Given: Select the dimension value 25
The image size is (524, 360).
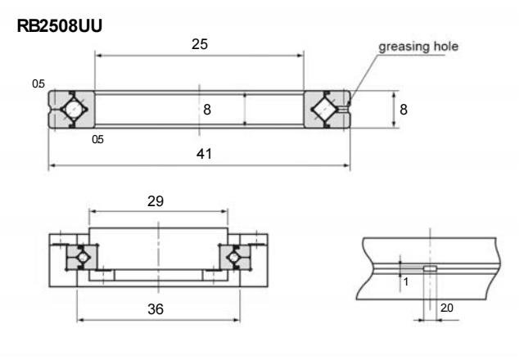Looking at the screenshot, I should pos(198,44).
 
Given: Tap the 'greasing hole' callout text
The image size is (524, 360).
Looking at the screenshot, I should pos(418,47).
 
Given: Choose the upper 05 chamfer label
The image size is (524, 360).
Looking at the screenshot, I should pos(38,83).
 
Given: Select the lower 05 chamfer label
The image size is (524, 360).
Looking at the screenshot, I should pos(98,139).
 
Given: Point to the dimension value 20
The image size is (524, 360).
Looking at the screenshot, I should pos(446,308).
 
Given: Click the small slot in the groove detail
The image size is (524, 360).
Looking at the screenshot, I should pos(429,268).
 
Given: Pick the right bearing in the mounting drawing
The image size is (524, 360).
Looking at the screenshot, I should pos(233,258).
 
